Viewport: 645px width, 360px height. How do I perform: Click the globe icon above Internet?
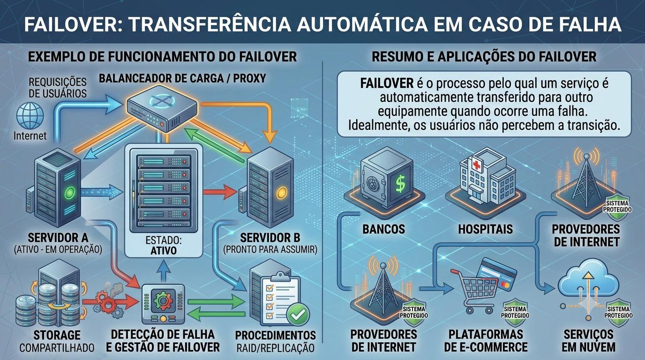[30, 116]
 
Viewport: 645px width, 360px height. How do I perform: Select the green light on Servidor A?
[70, 192]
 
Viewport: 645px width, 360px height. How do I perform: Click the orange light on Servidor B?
[282, 193]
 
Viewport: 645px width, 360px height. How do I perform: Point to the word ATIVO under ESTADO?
[163, 250]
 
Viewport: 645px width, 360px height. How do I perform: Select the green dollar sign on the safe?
[400, 184]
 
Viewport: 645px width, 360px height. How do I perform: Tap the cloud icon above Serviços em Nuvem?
[588, 278]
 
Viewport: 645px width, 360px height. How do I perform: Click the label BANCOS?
[383, 229]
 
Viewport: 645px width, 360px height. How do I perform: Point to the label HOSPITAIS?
[485, 229]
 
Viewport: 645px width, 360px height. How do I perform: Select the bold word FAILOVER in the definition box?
[387, 83]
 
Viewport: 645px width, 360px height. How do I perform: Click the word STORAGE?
[57, 335]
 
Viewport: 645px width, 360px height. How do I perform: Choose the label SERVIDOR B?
[270, 238]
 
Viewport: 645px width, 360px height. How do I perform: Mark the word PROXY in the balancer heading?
[249, 78]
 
